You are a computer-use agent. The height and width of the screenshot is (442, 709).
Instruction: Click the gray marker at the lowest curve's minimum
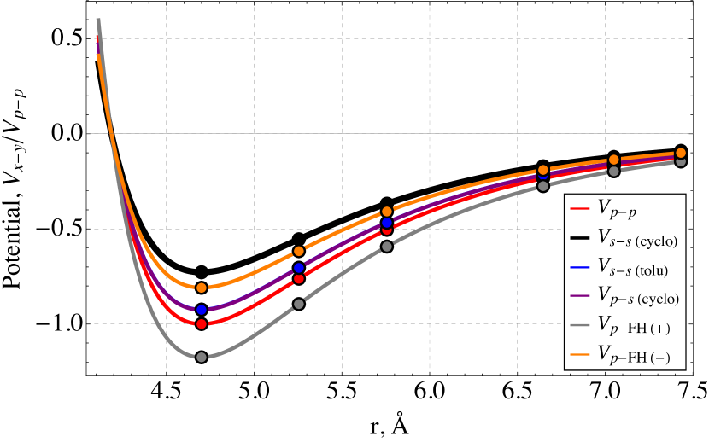tap(202, 357)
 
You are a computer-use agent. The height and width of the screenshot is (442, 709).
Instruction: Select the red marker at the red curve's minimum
tap(202, 324)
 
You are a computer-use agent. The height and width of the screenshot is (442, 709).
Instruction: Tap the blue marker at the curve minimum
tap(202, 310)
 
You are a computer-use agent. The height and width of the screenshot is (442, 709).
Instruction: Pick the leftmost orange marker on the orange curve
tap(202, 288)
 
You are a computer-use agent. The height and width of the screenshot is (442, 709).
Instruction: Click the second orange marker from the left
tap(299, 251)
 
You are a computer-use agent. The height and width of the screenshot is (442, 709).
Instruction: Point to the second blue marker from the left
tap(299, 268)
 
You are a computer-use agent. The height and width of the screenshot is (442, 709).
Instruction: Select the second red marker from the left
tap(299, 279)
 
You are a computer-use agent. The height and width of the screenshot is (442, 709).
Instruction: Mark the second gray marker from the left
tap(299, 304)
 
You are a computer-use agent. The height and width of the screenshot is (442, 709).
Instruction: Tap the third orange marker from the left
tap(387, 211)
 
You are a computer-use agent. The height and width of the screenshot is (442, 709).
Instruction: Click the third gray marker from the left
tap(387, 246)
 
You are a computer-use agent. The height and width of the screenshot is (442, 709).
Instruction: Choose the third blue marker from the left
tap(387, 223)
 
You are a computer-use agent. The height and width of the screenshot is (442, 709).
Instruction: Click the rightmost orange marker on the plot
tap(681, 153)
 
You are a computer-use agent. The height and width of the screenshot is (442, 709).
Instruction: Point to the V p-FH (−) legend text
tap(634, 356)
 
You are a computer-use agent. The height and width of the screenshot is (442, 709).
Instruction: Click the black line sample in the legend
tap(579, 238)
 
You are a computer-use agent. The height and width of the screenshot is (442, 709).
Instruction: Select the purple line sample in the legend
tap(579, 297)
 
